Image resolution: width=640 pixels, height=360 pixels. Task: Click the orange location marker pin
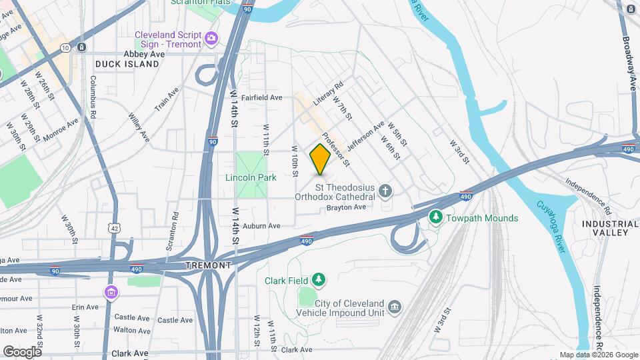coord(320,159)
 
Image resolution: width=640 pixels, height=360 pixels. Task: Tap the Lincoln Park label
coord(251,178)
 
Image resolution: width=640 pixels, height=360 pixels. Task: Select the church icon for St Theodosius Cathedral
coord(385,192)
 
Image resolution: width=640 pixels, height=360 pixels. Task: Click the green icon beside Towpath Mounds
coord(435,217)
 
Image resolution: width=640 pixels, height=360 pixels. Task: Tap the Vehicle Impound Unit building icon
coord(395,306)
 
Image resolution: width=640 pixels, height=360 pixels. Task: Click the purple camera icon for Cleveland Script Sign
coord(211,38)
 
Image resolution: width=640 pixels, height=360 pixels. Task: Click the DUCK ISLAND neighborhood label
coord(127,64)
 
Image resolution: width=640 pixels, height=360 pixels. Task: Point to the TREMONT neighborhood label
coord(209,265)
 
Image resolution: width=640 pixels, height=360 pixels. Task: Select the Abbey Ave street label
coord(143,54)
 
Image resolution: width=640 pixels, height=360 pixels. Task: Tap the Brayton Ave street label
coord(346,207)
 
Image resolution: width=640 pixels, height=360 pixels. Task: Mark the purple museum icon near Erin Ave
coord(111,292)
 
